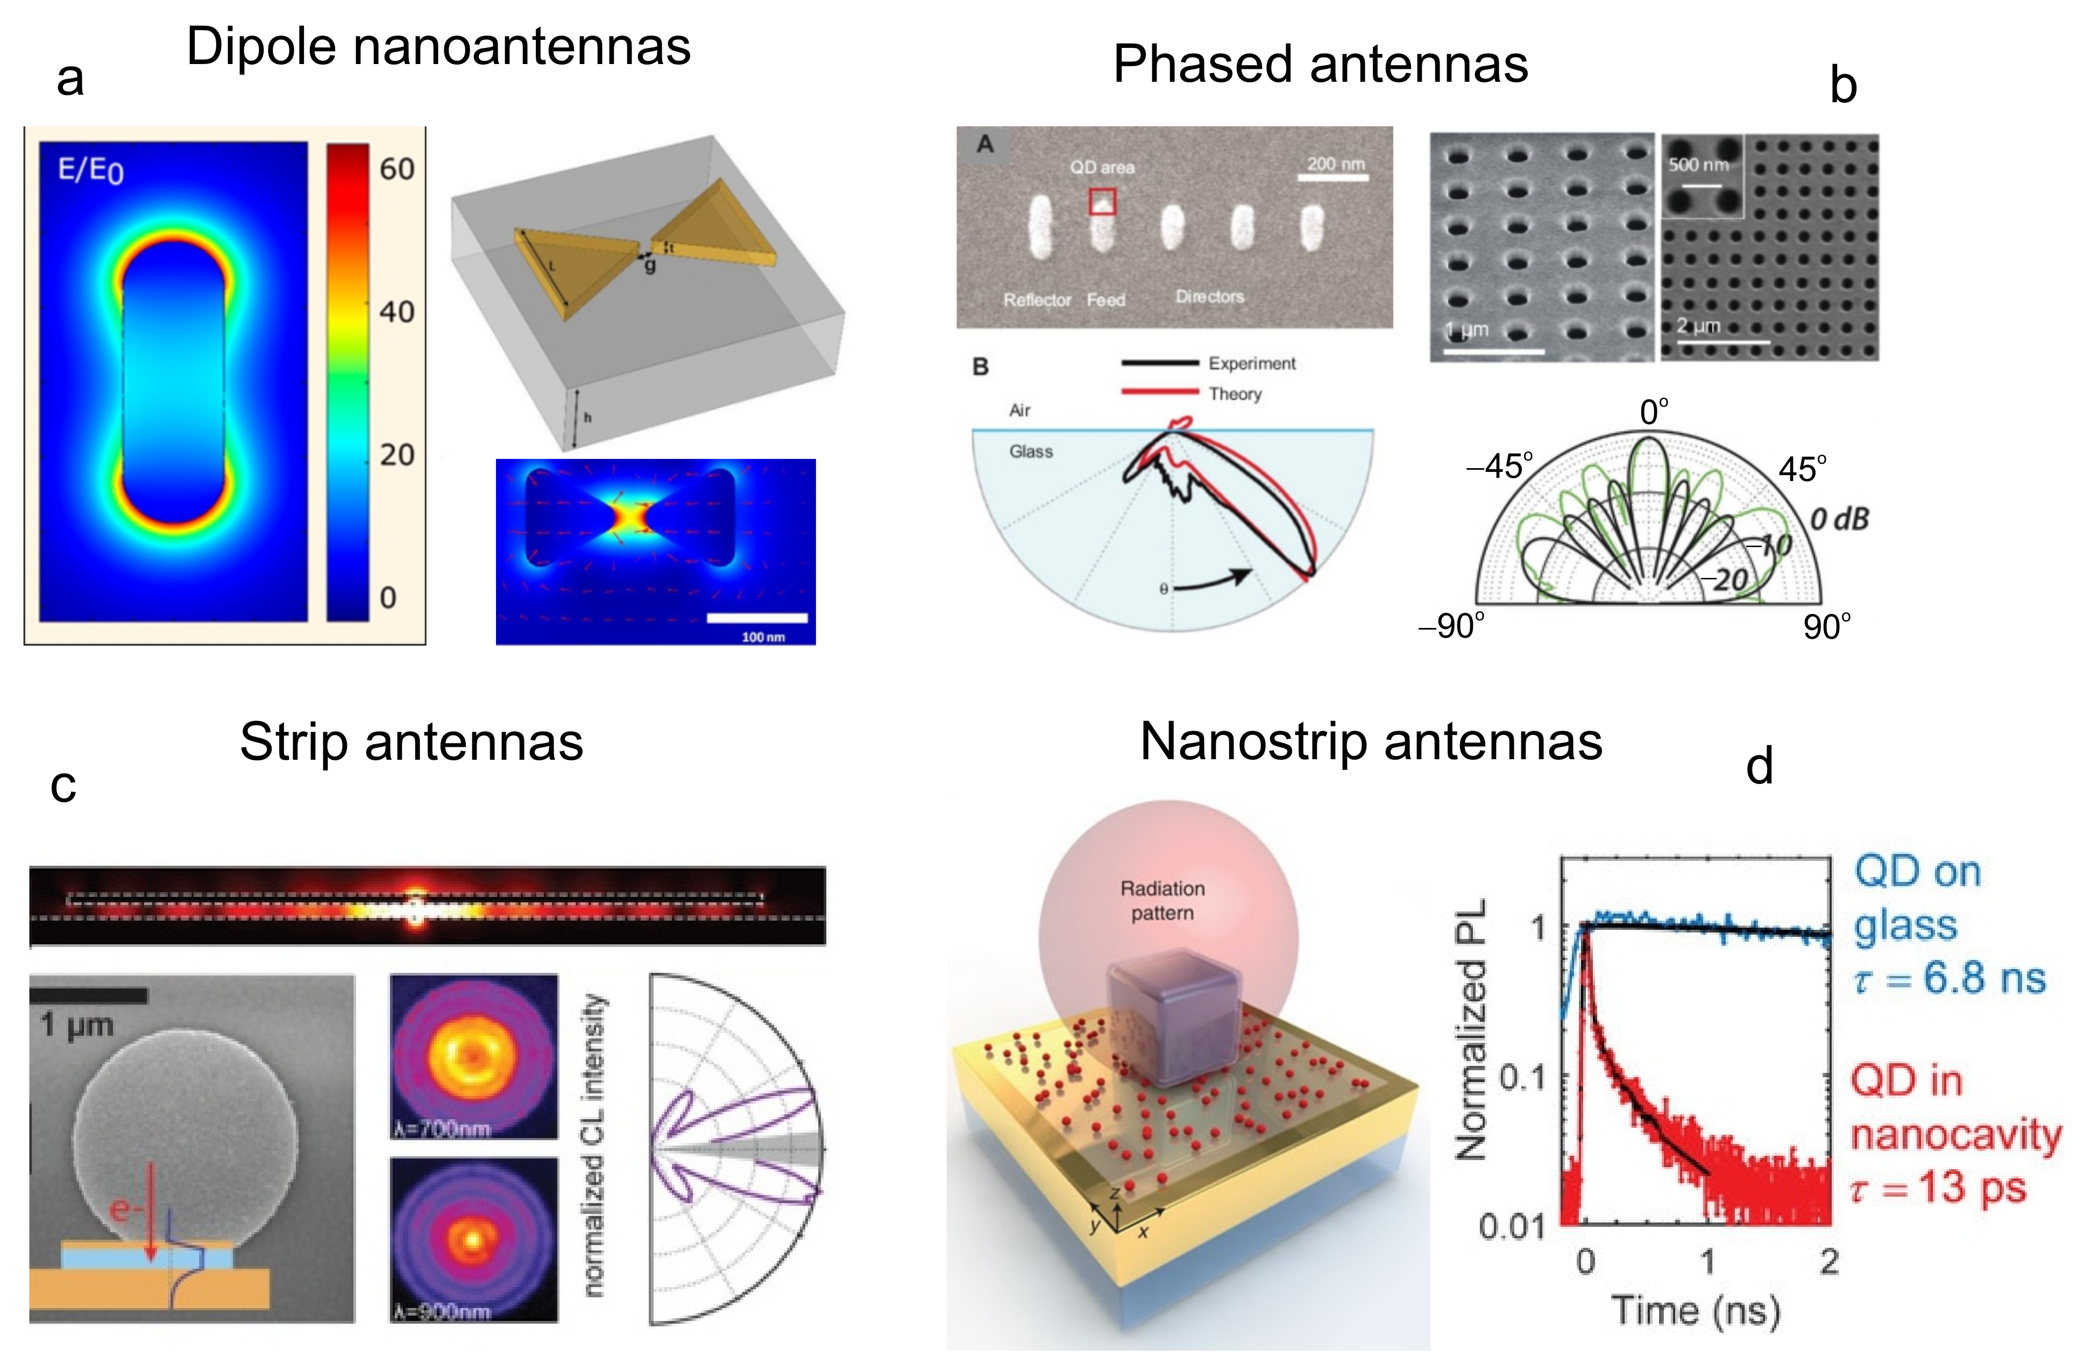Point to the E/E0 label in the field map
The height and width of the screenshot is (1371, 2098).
(x=91, y=169)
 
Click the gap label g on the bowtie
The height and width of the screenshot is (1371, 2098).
(x=650, y=265)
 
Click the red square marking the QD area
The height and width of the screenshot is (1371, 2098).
(x=1102, y=202)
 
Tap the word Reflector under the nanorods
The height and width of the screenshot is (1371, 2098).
(x=1037, y=300)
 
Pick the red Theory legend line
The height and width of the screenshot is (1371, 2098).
(x=1159, y=392)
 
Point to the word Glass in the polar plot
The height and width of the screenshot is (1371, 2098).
(x=1031, y=451)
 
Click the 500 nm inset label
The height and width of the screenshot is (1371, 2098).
(x=1698, y=165)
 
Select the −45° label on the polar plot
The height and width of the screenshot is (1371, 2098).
(x=1499, y=467)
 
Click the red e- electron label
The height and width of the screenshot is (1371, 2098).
(x=126, y=1210)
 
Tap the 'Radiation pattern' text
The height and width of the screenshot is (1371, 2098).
(x=1162, y=900)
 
